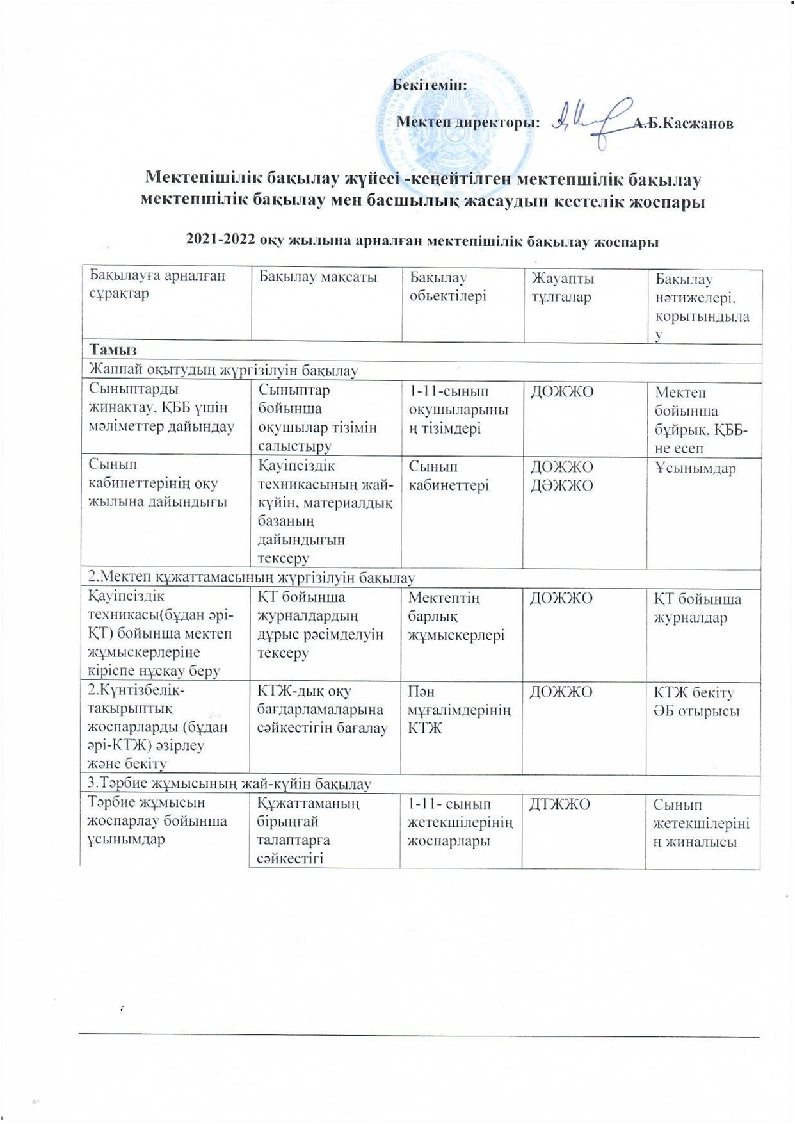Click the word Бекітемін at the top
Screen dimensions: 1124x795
click(429, 84)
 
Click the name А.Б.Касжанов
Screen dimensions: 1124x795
click(683, 124)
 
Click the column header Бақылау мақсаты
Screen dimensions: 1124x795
click(317, 277)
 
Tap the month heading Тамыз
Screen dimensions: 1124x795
click(113, 350)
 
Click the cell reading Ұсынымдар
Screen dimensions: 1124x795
click(695, 468)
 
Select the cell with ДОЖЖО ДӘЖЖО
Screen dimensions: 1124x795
click(561, 476)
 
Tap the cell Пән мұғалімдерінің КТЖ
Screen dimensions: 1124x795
click(458, 710)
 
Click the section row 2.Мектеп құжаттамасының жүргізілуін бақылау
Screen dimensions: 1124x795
click(252, 578)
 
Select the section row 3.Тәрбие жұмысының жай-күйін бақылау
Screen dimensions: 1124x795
click(229, 783)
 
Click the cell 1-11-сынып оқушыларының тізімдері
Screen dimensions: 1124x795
click(458, 410)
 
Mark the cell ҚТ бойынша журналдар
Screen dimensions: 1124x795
click(696, 608)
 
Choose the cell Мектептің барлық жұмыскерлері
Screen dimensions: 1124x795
click(455, 616)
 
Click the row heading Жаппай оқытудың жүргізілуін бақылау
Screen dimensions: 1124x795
click(223, 370)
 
